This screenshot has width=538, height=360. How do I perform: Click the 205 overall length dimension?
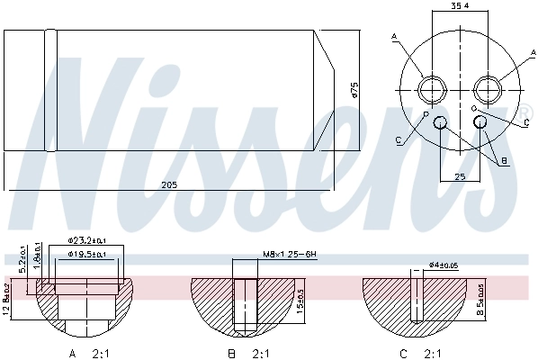coord(168,184)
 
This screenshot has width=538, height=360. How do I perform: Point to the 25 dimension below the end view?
coord(460,177)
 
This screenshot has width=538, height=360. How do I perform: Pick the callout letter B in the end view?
coord(505,160)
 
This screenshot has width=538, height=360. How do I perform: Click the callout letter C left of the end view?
coord(397,139)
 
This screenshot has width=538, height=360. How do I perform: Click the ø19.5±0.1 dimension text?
coord(87,255)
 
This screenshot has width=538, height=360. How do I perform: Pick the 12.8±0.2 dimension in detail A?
coord(7,300)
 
